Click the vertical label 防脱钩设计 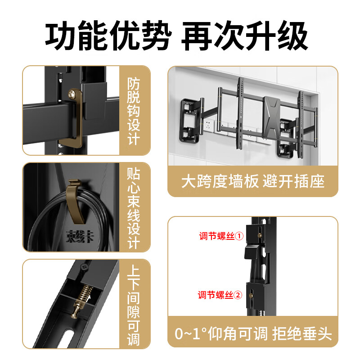(134, 111)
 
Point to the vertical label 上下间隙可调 (134, 304)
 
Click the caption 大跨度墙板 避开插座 (253, 181)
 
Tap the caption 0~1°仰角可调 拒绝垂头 (253, 334)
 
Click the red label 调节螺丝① (221, 236)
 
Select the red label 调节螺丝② (221, 295)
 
